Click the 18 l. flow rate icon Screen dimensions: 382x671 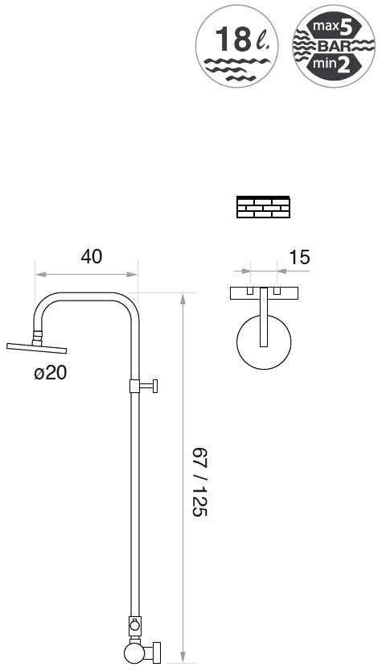[x=236, y=46]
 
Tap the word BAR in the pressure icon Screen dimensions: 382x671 [x=335, y=46]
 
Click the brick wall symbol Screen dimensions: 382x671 [x=263, y=207]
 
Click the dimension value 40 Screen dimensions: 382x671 [x=92, y=256]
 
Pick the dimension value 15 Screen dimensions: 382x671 [x=299, y=258]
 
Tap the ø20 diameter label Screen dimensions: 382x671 [x=51, y=373]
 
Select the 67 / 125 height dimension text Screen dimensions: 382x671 [x=199, y=482]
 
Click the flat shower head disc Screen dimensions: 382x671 [x=37, y=348]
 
